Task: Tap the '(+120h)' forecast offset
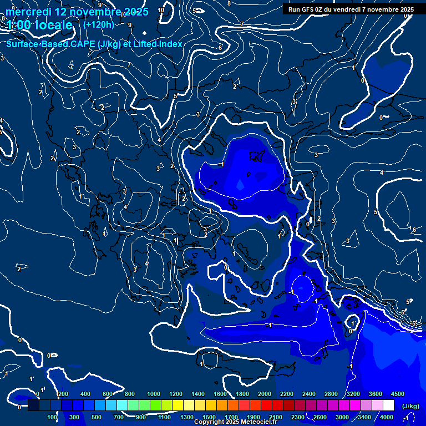98,24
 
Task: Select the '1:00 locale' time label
40,26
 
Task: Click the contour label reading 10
161,10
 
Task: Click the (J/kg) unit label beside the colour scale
410,406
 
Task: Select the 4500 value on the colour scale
398,394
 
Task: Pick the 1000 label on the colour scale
153,394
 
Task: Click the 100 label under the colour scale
52,417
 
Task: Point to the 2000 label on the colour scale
265,394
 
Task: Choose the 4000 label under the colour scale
387,417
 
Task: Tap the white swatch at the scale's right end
388,405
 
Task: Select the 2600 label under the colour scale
320,417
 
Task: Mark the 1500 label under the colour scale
209,417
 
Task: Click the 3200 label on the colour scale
353,394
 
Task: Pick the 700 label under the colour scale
119,417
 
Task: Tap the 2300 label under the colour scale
298,417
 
